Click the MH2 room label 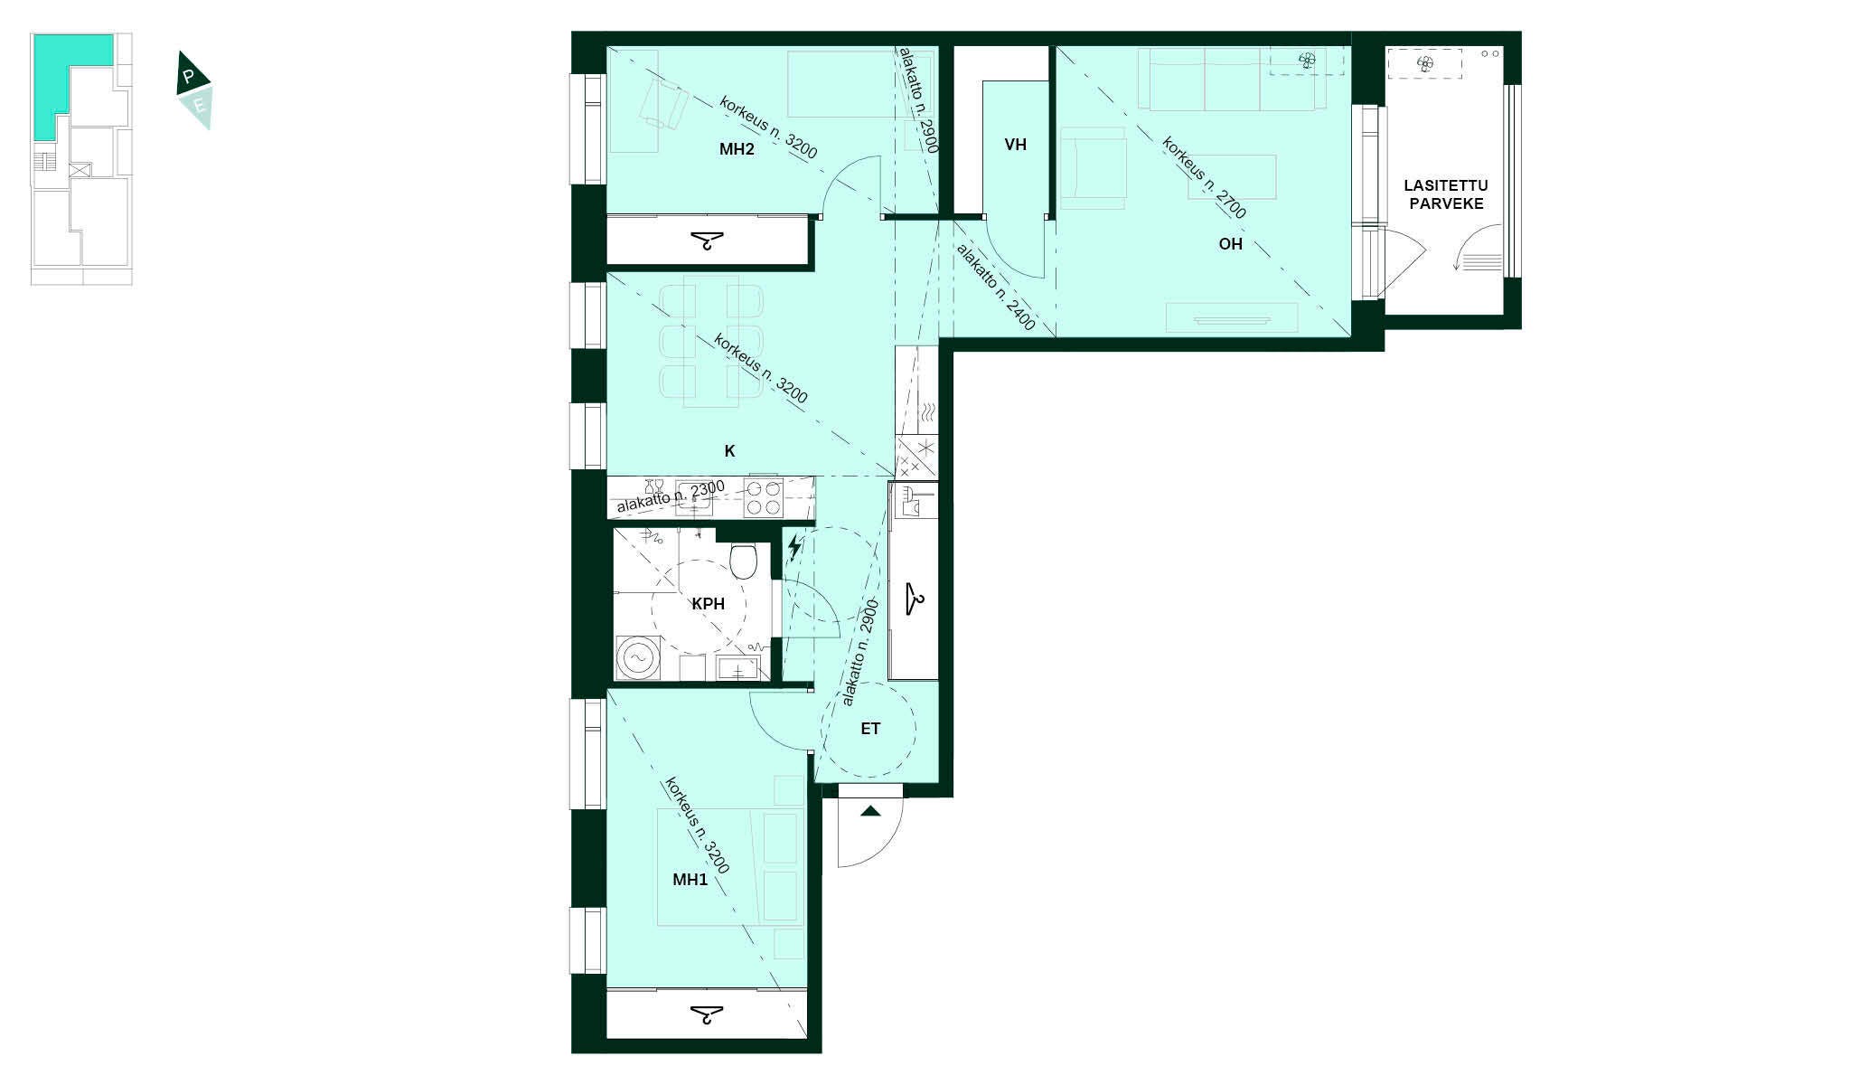click(x=737, y=150)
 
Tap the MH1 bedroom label click(x=690, y=880)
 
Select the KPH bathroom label click(x=709, y=604)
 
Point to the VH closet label click(x=1015, y=145)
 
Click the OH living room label click(x=1231, y=244)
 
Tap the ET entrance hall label click(x=870, y=729)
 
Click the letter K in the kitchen click(x=730, y=451)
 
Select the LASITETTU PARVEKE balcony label click(x=1446, y=194)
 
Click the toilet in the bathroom click(x=744, y=561)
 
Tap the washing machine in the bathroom click(x=639, y=657)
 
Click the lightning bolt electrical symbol click(x=794, y=547)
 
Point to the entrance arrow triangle click(x=870, y=811)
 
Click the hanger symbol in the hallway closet click(x=914, y=599)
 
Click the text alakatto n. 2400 click(x=995, y=287)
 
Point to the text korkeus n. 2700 click(x=1204, y=178)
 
